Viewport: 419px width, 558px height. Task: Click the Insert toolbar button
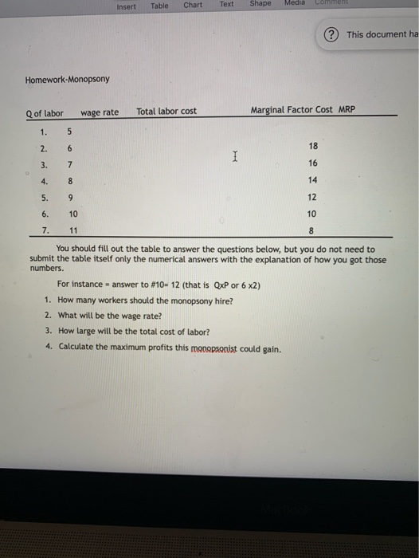click(x=126, y=6)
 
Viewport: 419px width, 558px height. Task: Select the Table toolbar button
click(x=160, y=6)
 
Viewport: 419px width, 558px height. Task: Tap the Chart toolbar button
click(x=193, y=5)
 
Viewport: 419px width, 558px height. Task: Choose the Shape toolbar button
click(x=260, y=4)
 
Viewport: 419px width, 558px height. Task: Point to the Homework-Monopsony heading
click(x=68, y=80)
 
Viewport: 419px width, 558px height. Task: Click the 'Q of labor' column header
click(x=45, y=112)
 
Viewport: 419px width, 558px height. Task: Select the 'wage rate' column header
click(x=100, y=112)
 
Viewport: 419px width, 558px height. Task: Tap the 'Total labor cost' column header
click(x=166, y=111)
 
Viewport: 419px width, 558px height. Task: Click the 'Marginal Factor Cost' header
click(x=292, y=109)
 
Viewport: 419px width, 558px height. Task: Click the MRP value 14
click(x=311, y=180)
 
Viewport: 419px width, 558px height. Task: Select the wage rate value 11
click(x=73, y=230)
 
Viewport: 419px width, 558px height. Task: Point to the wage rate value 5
click(x=70, y=132)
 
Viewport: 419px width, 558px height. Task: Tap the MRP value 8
click(x=311, y=230)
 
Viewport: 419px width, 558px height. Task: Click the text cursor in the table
click(x=233, y=158)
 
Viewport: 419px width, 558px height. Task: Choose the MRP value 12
click(x=311, y=197)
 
